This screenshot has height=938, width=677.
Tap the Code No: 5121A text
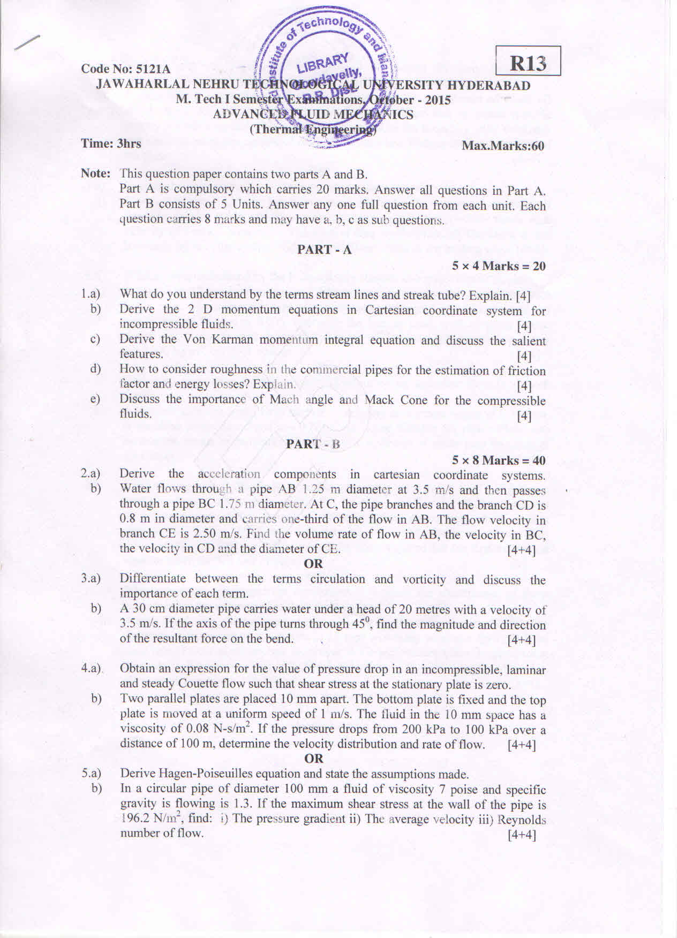[126, 69]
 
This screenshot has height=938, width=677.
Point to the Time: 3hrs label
[111, 143]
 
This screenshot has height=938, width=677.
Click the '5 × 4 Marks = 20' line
[498, 266]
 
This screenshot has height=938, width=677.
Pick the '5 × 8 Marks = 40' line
[498, 460]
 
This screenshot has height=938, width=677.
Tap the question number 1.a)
[91, 293]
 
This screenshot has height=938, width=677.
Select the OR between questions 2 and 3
[313, 563]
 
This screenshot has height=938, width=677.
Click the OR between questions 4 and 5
[313, 758]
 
